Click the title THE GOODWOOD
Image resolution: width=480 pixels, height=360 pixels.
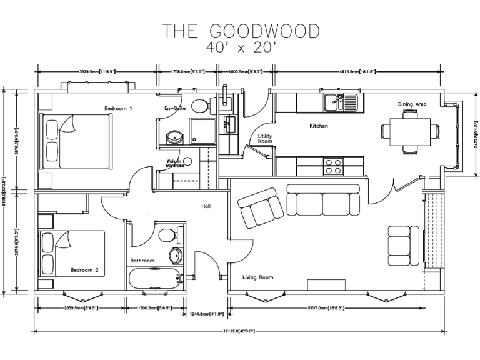241,31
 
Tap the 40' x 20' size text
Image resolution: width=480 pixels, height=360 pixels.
241,46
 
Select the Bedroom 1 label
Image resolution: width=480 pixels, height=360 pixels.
118,109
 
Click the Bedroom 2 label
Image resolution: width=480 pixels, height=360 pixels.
84,271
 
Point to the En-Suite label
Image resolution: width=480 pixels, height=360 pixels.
174,109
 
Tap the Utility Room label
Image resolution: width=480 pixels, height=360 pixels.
266,138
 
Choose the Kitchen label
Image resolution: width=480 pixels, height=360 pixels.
319,126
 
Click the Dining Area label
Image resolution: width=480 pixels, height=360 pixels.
412,104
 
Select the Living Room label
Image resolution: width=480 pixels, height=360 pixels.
258,277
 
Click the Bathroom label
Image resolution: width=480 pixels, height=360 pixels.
142,260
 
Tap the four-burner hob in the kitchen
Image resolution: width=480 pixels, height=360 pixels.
332,166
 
